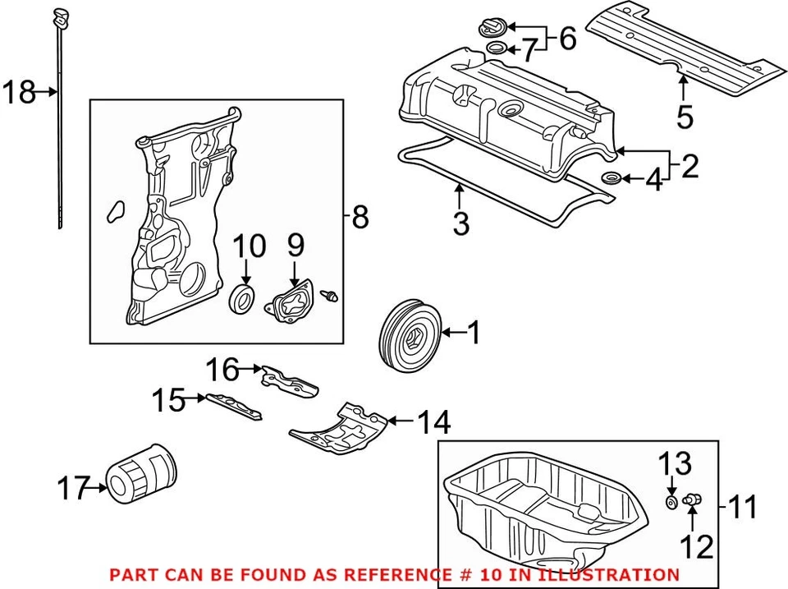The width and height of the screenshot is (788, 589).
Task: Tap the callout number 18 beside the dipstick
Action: point(19,92)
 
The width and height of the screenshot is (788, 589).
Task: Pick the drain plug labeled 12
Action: point(691,499)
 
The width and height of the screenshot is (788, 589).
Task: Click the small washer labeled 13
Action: point(671,501)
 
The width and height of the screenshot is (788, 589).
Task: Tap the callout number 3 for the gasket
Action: point(461,221)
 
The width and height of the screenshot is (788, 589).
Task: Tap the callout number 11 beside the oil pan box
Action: point(744,507)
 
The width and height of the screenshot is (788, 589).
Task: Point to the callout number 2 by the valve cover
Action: point(689,166)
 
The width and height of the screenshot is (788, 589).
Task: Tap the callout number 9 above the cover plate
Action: point(295,244)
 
